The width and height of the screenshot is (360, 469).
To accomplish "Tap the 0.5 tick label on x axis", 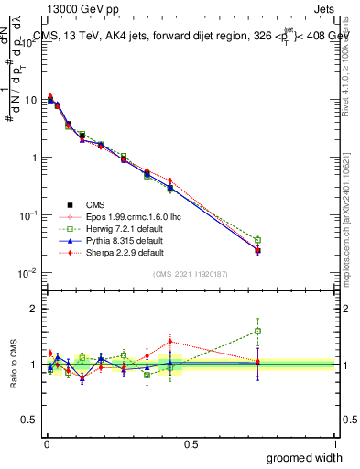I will coord(191,444).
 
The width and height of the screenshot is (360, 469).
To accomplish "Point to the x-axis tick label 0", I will coord(47,444).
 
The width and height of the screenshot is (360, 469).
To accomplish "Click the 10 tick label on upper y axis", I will coord(31,99).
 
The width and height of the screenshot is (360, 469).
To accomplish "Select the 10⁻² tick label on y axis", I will coord(29,273).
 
